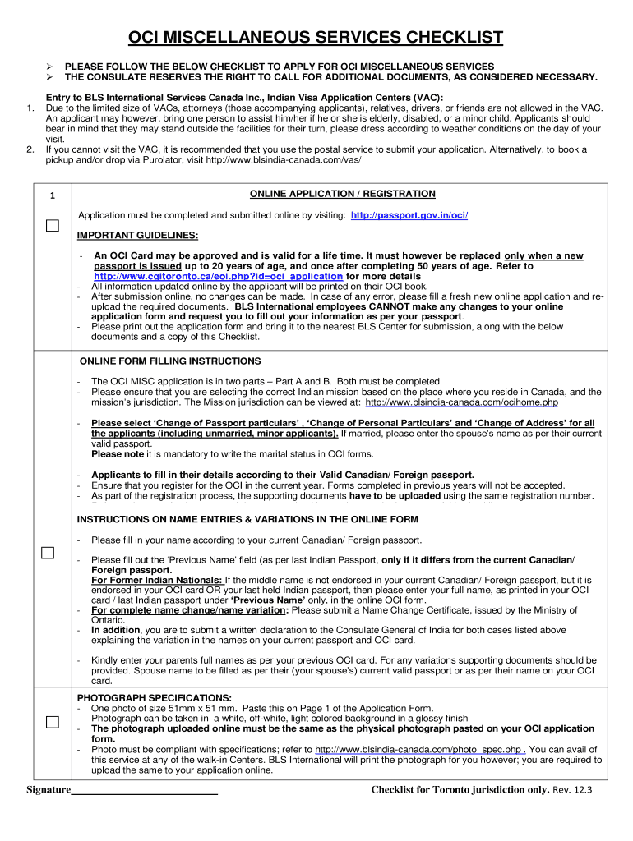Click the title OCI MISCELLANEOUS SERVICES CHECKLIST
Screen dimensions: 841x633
pos(316,38)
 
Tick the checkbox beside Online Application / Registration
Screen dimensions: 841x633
pos(53,226)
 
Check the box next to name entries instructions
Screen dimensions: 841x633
pos(49,553)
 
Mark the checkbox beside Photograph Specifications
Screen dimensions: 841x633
pos(53,722)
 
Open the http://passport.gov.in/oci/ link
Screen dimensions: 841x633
pos(409,215)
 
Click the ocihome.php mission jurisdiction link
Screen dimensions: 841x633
pos(461,402)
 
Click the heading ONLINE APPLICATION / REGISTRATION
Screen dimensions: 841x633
pos(342,194)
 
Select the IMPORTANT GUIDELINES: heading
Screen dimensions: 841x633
pos(137,236)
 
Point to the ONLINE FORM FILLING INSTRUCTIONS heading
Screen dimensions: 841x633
pos(170,361)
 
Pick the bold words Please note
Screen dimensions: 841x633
pos(116,454)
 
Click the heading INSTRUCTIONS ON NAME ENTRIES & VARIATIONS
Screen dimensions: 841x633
pos(247,519)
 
